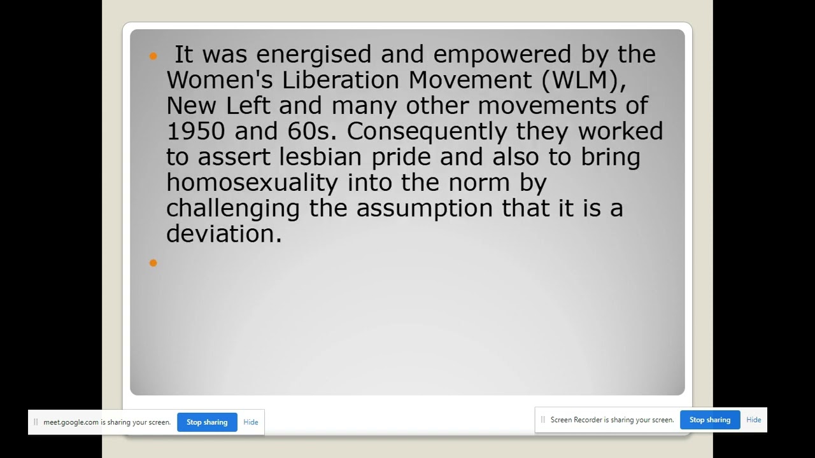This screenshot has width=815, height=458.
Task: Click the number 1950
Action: [x=196, y=131]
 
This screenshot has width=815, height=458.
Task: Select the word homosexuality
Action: [x=252, y=183]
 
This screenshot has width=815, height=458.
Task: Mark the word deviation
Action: [x=223, y=233]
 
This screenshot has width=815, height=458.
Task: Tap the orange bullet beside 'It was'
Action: [x=153, y=57]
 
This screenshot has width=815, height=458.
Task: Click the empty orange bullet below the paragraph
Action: [x=153, y=263]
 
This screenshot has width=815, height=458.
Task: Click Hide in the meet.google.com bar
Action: [x=251, y=422]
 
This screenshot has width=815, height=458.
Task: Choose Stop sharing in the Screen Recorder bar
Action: [x=710, y=420]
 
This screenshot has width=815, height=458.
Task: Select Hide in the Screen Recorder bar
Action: [x=754, y=420]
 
